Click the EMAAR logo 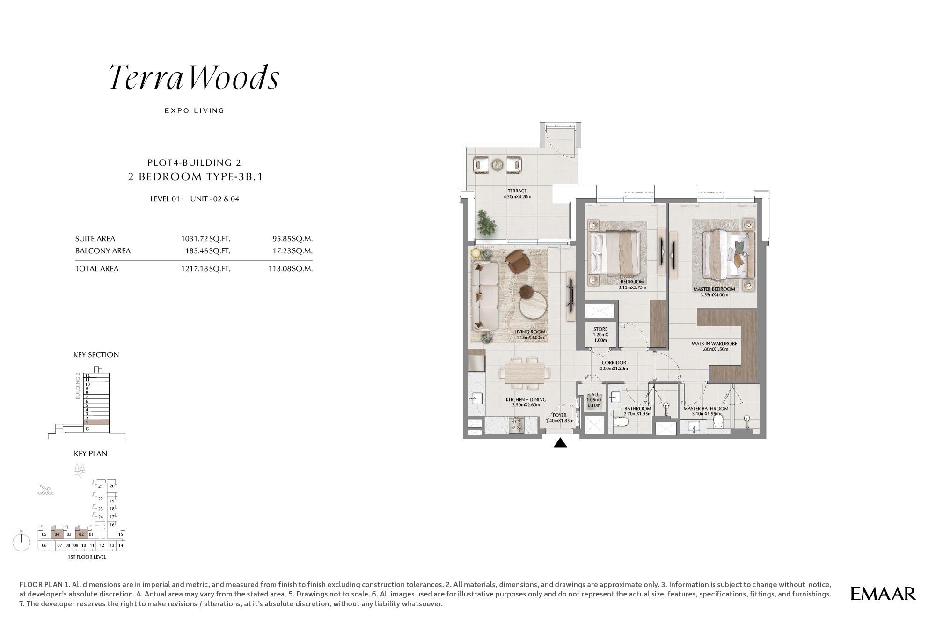click(883, 594)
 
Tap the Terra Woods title click(194, 78)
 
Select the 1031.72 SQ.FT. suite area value click(205, 239)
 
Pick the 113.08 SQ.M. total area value click(291, 269)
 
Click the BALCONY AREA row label click(103, 251)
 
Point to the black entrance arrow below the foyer click(560, 443)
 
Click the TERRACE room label click(517, 191)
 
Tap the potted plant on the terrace click(487, 223)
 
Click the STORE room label click(600, 330)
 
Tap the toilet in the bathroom click(621, 422)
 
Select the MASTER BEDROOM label click(714, 289)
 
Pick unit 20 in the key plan click(112, 486)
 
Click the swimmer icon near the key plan click(46, 491)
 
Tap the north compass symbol click(22, 541)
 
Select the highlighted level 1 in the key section click(96, 423)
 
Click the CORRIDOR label click(614, 363)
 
